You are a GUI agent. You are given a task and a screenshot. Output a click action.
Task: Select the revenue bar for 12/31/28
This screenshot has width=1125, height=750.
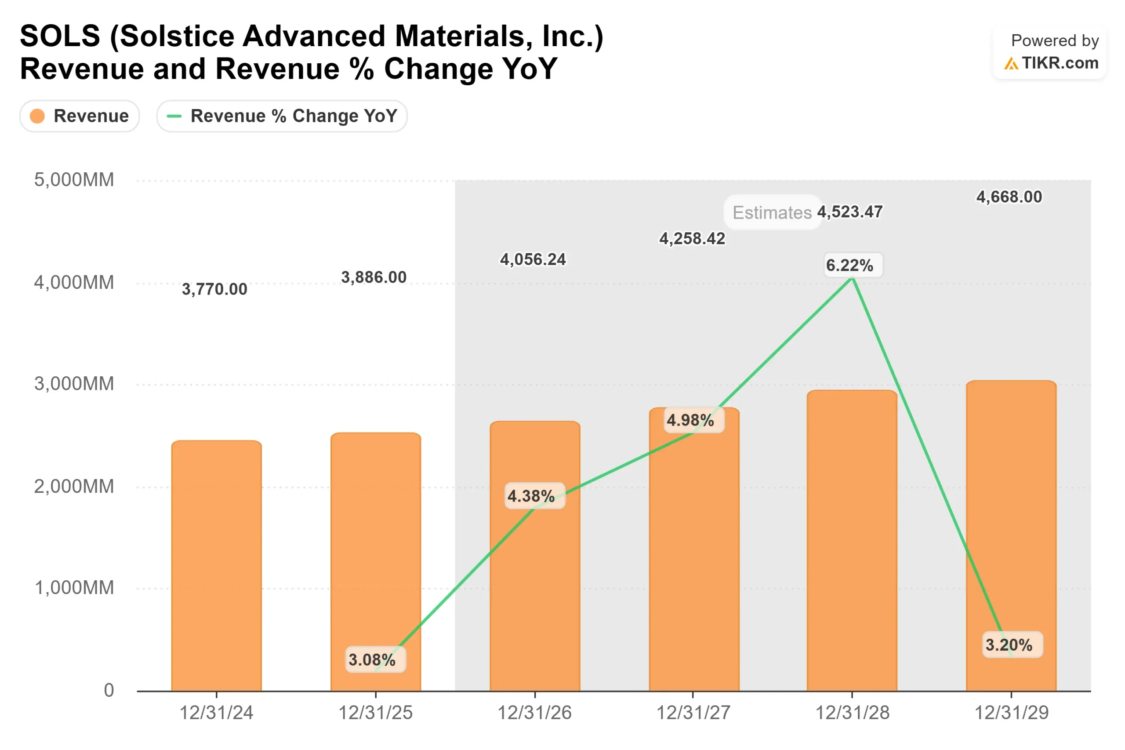(852, 540)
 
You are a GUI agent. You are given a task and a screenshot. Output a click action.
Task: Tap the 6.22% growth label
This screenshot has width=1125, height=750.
(849, 265)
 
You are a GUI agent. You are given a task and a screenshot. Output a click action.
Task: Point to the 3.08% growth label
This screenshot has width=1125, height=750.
(372, 659)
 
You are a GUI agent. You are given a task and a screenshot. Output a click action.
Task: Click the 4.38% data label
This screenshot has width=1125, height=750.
(531, 496)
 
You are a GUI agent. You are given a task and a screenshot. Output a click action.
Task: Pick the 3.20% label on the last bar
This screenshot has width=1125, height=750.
(1009, 645)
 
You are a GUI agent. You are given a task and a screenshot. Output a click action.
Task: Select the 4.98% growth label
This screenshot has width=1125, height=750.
(690, 420)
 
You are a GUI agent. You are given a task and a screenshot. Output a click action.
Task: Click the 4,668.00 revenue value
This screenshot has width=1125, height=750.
(1009, 197)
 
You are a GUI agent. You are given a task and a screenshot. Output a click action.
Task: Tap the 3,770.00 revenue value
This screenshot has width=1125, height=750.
(214, 289)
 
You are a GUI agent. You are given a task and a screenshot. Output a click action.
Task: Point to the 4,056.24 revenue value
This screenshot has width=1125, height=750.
(533, 259)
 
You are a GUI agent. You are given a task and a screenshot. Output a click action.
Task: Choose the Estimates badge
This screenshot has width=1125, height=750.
(772, 212)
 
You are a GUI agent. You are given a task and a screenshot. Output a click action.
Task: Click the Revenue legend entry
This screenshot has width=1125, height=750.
(80, 116)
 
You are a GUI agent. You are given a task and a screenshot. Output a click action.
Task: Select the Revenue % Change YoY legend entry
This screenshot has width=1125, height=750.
(282, 116)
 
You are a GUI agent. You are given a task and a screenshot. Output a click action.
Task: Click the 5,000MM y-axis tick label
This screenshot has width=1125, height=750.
(74, 180)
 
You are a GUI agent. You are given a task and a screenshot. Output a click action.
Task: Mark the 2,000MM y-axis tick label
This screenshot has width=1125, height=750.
(74, 487)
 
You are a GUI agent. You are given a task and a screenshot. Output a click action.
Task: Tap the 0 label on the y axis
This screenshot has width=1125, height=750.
(109, 690)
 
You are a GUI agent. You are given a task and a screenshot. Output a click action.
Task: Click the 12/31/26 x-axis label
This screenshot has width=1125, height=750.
(534, 713)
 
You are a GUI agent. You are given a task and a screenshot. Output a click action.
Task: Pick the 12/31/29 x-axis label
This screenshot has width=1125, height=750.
(1011, 713)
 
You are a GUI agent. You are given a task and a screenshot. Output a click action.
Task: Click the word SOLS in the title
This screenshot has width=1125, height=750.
(60, 36)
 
